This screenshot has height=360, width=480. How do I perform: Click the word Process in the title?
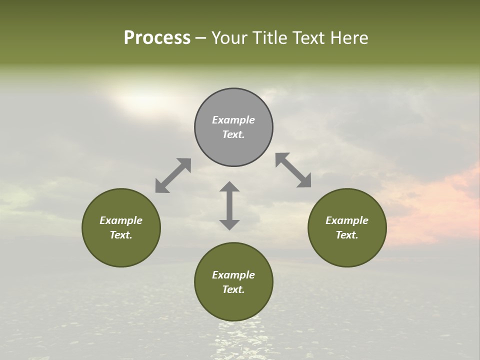(x=157, y=38)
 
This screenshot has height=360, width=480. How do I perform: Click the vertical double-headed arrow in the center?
(x=229, y=205)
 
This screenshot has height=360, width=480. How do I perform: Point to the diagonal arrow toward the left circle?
(x=173, y=175)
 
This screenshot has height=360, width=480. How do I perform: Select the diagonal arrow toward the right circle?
(x=293, y=170)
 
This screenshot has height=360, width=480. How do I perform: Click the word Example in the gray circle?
(x=233, y=120)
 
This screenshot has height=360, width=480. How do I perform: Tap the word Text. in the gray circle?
(x=233, y=134)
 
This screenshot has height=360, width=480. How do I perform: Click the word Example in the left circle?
(x=121, y=220)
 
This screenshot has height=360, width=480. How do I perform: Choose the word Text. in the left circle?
(x=121, y=235)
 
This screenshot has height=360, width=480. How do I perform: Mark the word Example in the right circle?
(x=347, y=220)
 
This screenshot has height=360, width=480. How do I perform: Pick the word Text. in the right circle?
(x=347, y=235)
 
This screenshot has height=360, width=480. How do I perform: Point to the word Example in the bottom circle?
(x=233, y=275)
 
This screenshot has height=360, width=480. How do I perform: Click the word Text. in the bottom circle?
(x=233, y=289)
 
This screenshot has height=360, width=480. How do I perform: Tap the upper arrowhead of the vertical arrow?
(x=229, y=187)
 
